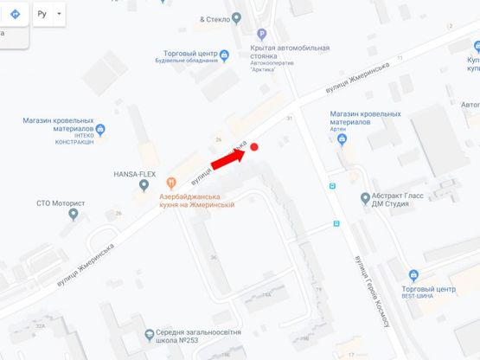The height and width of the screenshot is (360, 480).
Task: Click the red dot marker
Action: click(255, 148)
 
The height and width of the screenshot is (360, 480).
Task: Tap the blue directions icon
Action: click(16, 16)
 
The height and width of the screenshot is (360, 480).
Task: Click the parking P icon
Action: click(249, 34)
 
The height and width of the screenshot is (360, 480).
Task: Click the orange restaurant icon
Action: click(171, 182)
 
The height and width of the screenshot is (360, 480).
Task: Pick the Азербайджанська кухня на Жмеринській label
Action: click(197, 201)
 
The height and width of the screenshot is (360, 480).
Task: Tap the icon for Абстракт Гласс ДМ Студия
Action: click(364, 199)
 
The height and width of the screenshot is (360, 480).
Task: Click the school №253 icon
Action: click(150, 333)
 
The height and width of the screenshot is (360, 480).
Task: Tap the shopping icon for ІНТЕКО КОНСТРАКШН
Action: click(100, 130)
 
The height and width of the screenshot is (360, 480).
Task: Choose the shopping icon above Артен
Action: click(342, 138)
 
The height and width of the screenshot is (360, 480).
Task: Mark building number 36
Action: click(213, 257)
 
